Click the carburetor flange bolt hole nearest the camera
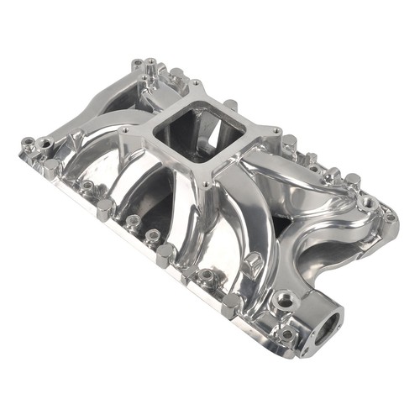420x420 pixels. point(208,181)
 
